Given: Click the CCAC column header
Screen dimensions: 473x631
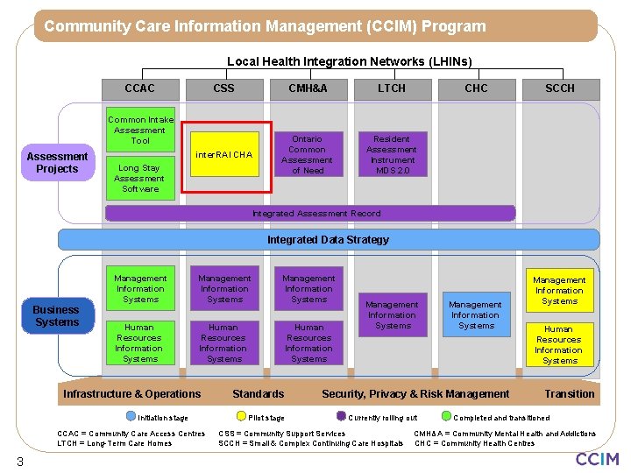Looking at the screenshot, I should (x=140, y=88).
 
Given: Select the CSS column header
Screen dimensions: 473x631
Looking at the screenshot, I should (x=223, y=88).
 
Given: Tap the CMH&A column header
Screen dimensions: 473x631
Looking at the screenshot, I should (x=308, y=88).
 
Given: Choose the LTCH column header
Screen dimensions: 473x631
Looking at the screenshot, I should (x=392, y=88).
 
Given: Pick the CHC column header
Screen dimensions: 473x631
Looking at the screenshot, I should (x=476, y=88).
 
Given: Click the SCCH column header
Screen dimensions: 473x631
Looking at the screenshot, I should (x=560, y=88).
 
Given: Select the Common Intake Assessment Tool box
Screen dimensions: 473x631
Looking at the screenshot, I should (x=140, y=130).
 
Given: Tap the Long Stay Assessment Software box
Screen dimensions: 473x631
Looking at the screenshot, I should (x=140, y=179).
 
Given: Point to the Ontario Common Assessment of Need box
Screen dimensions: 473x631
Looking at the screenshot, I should (x=307, y=155).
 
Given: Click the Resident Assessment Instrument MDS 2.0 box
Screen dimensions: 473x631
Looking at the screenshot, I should (x=392, y=155).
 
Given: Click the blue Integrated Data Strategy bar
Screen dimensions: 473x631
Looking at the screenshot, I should (x=329, y=239).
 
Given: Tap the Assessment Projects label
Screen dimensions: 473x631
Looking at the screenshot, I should (x=58, y=163).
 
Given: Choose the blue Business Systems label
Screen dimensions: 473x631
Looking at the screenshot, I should (x=57, y=316).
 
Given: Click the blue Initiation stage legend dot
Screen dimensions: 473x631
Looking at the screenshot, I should (x=130, y=417).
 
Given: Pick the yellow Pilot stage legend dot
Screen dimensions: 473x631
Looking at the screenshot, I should (x=241, y=417).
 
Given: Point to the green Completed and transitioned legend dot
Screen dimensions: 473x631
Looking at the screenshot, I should (x=447, y=417).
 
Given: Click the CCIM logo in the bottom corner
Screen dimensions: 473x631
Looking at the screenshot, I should (x=597, y=459).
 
